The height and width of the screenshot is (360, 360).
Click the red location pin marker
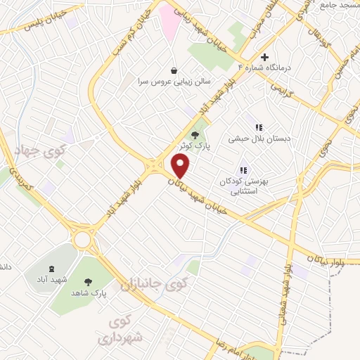click(181, 167)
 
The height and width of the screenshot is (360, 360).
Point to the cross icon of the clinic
click(264, 57)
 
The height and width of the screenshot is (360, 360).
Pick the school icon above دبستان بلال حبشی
click(258, 127)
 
